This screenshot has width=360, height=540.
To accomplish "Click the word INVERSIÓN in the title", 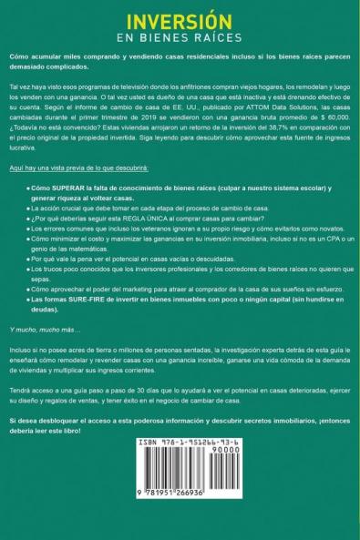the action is [180, 20].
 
